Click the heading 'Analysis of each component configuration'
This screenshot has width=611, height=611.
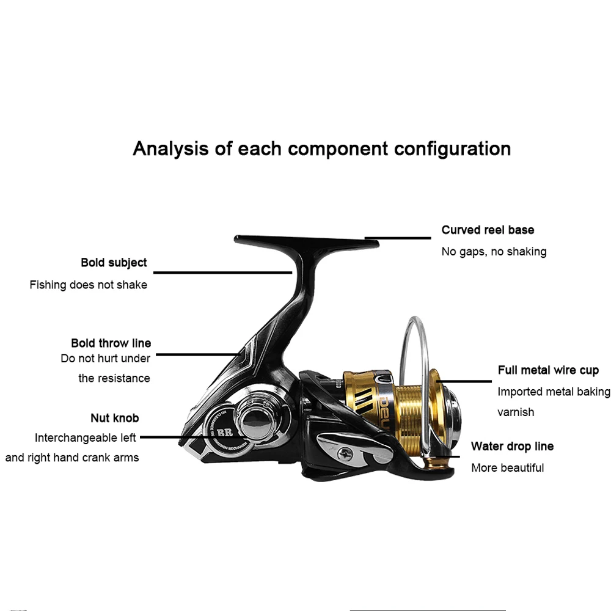click(x=322, y=149)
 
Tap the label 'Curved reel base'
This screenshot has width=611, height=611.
click(x=488, y=230)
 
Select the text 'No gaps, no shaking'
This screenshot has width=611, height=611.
click(x=494, y=252)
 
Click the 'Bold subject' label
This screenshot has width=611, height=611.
click(x=114, y=263)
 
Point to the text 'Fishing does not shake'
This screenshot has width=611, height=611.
click(x=89, y=285)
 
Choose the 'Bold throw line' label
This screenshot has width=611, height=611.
click(x=111, y=343)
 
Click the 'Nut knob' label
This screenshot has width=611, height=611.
click(x=115, y=418)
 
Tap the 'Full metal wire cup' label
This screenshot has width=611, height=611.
click(x=548, y=370)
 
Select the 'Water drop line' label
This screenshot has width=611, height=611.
click(x=513, y=446)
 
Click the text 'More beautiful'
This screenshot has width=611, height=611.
click(x=508, y=467)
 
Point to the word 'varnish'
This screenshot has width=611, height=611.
click(x=516, y=412)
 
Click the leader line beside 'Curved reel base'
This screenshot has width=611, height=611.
click(x=398, y=238)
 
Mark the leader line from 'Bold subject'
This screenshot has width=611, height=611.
click(x=222, y=273)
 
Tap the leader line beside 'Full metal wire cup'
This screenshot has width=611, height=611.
click(x=464, y=381)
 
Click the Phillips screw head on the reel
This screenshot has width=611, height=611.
click(x=344, y=453)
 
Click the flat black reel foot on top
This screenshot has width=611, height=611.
click(x=307, y=242)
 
